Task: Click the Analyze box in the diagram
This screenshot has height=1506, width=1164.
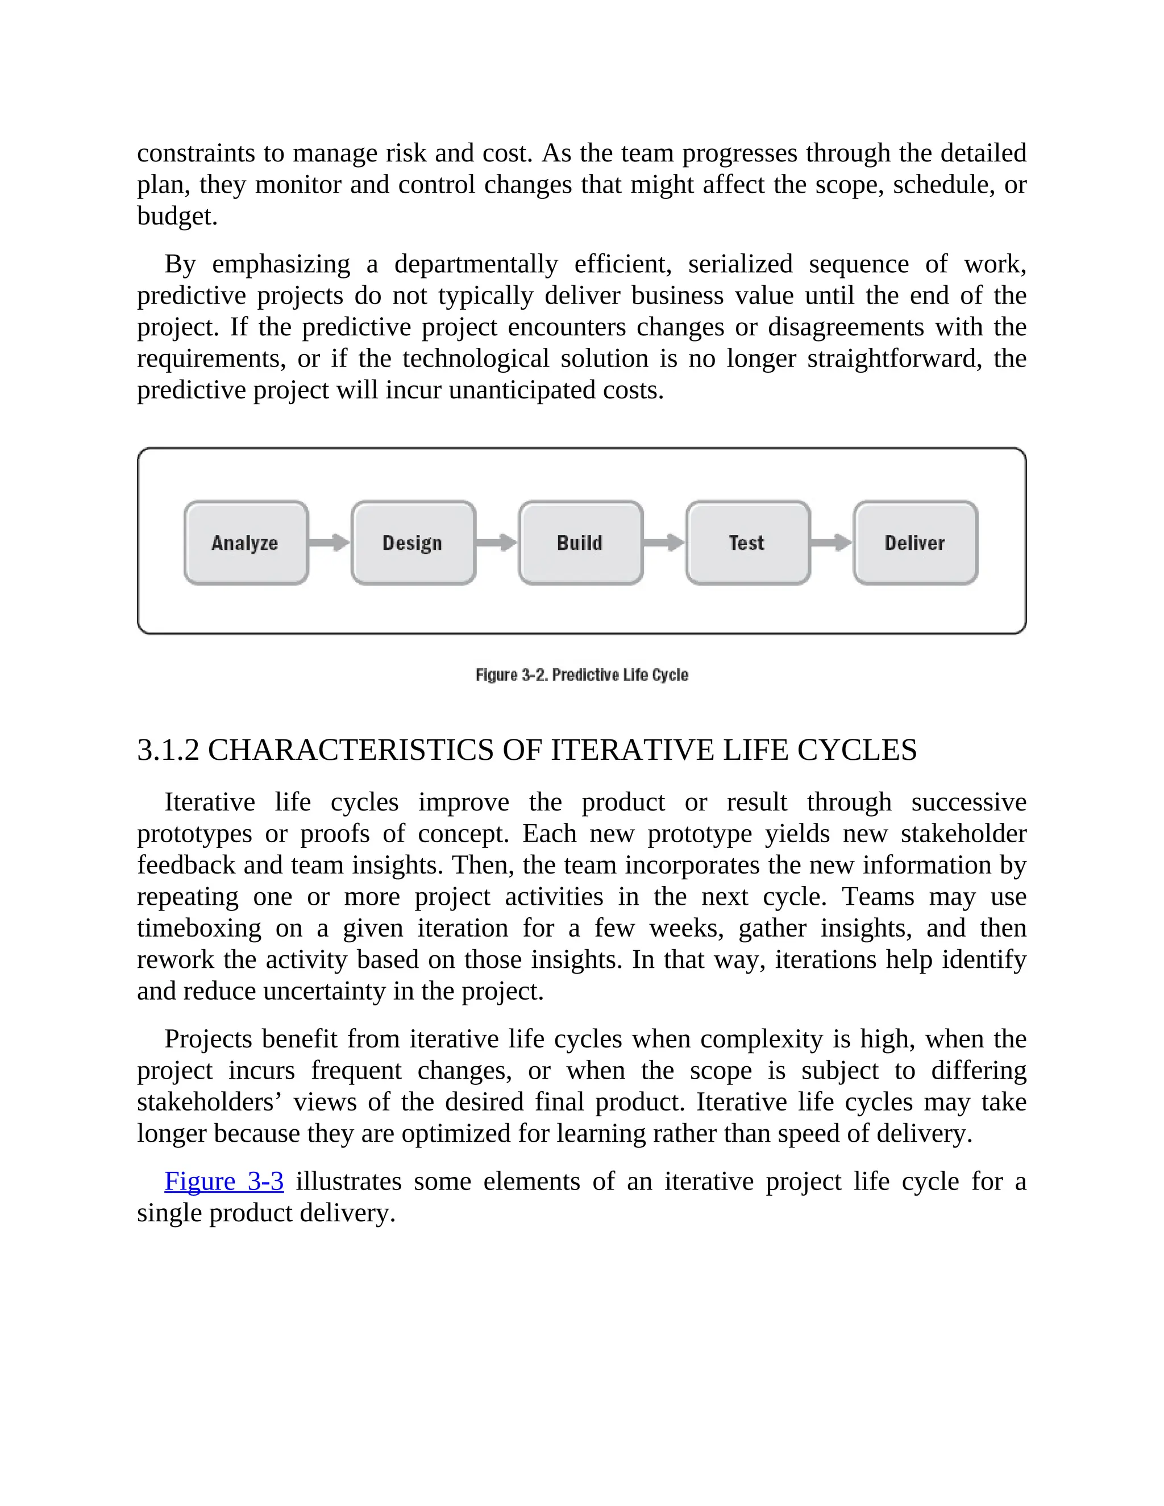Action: tap(246, 543)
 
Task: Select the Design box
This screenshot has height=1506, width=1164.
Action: tap(413, 543)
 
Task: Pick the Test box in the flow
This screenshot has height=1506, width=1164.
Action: tap(747, 543)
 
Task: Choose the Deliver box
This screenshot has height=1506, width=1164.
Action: tap(915, 543)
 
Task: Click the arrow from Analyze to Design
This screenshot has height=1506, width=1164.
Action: tap(330, 542)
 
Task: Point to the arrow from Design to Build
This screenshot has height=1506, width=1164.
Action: tap(497, 542)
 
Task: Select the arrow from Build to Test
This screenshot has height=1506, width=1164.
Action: tap(664, 542)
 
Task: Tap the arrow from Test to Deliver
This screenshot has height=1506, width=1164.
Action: tap(832, 542)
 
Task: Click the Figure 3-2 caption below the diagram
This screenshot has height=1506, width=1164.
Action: tap(581, 675)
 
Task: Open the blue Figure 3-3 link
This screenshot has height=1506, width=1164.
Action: tap(223, 1181)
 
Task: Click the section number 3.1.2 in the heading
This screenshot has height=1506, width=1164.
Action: tap(168, 750)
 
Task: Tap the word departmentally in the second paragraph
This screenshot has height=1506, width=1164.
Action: tap(476, 264)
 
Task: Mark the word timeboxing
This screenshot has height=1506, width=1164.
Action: tap(198, 928)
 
